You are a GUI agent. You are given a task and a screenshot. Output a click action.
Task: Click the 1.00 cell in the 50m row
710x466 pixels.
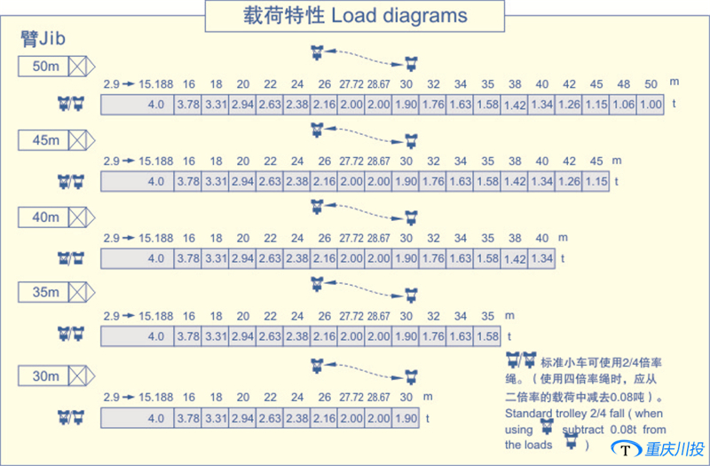pos(651,105)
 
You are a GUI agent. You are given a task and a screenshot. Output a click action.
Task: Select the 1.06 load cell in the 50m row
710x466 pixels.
pos(624,105)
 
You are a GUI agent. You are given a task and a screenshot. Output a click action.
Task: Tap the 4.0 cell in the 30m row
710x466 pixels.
pos(156,418)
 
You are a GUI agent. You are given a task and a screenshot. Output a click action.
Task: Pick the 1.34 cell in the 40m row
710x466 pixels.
pos(541,258)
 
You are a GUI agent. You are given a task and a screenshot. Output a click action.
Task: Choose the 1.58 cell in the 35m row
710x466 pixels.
pos(487,336)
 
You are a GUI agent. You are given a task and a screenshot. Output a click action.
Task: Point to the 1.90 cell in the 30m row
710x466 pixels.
pos(406,418)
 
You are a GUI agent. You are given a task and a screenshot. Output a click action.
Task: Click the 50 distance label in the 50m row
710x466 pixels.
pos(651,83)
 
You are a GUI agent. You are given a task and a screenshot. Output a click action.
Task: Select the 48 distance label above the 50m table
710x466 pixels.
pos(624,83)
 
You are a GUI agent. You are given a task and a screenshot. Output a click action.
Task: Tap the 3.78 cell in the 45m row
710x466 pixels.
pos(188,182)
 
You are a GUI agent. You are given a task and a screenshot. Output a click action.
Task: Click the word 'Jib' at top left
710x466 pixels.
pos(52,39)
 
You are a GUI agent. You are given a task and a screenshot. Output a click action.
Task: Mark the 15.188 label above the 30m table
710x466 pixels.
pos(156,397)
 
